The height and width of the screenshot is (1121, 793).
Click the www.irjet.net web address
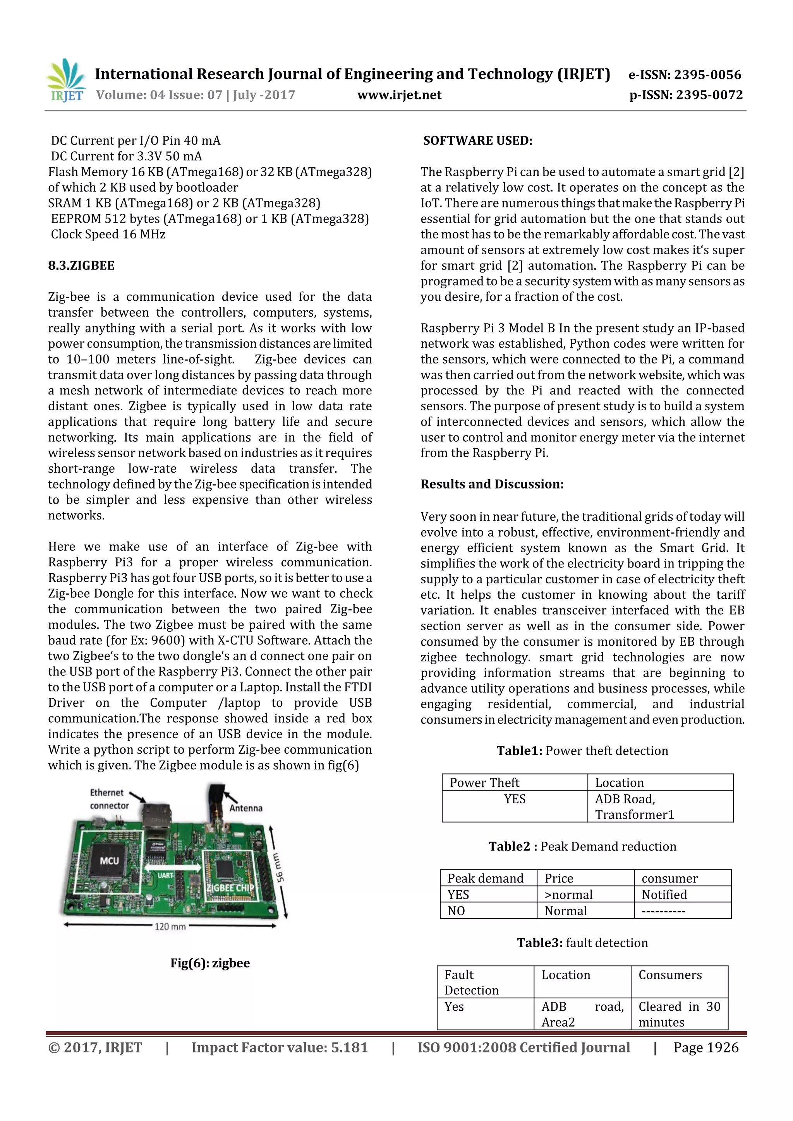pos(399,95)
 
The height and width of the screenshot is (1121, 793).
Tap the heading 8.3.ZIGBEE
pos(81,266)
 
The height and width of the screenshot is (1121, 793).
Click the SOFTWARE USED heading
pos(477,141)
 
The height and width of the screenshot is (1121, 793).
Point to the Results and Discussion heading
pos(492,484)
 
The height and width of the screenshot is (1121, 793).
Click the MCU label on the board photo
pos(109,861)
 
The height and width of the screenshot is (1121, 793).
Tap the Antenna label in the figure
pos(245,808)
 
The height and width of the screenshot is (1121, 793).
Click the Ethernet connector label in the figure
pos(109,799)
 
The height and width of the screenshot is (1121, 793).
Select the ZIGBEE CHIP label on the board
pos(230,888)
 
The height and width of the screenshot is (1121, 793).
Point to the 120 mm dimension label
pos(170,926)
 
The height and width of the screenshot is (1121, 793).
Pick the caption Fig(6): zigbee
pos(210,963)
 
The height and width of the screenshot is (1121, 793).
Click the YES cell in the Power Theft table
pos(515,799)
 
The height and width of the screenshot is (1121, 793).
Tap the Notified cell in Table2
pos(664,895)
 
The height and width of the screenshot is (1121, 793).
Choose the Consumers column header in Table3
pos(670,975)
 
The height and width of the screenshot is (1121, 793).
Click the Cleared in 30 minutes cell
pos(679,1014)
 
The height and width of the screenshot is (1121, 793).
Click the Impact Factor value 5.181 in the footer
pos(279,1047)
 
